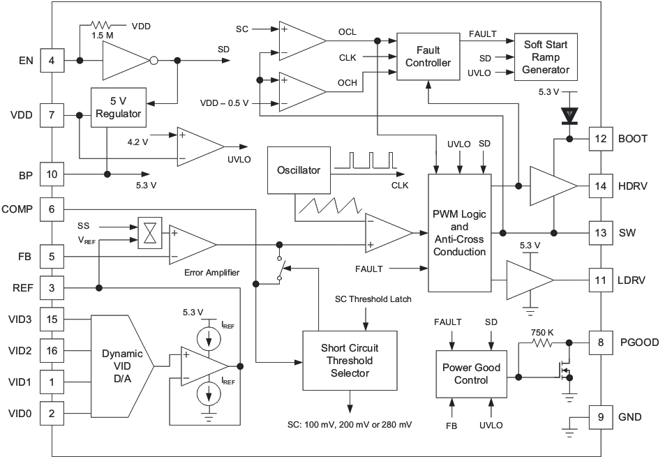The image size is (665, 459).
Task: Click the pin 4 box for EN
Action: tap(52, 61)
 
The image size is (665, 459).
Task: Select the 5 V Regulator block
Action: tap(119, 107)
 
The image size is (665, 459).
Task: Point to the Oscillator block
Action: tap(298, 170)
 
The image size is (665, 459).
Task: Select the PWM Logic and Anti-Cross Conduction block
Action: tap(459, 233)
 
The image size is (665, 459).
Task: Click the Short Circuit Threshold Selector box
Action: tap(347, 361)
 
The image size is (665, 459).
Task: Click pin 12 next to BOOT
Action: tap(600, 139)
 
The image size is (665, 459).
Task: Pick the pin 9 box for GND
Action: tap(600, 417)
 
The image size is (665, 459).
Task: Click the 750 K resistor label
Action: tap(542, 333)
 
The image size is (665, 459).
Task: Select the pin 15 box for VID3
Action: tap(52, 319)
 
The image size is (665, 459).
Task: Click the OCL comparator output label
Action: tap(347, 32)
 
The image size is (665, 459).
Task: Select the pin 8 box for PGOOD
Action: tap(600, 343)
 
